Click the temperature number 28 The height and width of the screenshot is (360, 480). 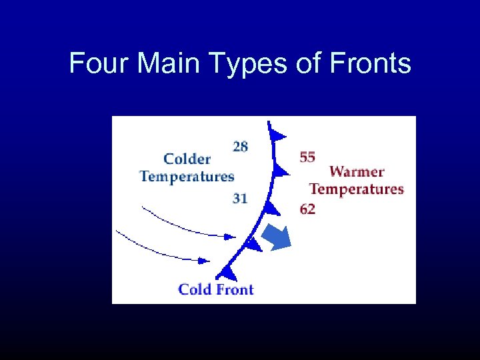click(240, 147)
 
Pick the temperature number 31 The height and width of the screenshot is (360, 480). click(240, 198)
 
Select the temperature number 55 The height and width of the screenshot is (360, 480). click(307, 157)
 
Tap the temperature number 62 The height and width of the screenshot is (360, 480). click(307, 209)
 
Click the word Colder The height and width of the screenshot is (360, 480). click(187, 159)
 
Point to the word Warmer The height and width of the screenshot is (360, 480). click(357, 171)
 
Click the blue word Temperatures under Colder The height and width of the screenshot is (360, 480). click(187, 177)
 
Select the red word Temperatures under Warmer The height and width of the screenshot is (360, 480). click(357, 189)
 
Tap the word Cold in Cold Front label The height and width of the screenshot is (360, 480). click(196, 289)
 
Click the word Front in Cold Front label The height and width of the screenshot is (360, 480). click(235, 289)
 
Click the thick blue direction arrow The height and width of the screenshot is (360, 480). click(277, 237)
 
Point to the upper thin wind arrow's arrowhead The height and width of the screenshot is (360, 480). click(231, 236)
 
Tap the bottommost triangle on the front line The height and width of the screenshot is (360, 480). click(228, 272)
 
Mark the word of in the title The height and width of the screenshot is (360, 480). click(287, 64)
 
